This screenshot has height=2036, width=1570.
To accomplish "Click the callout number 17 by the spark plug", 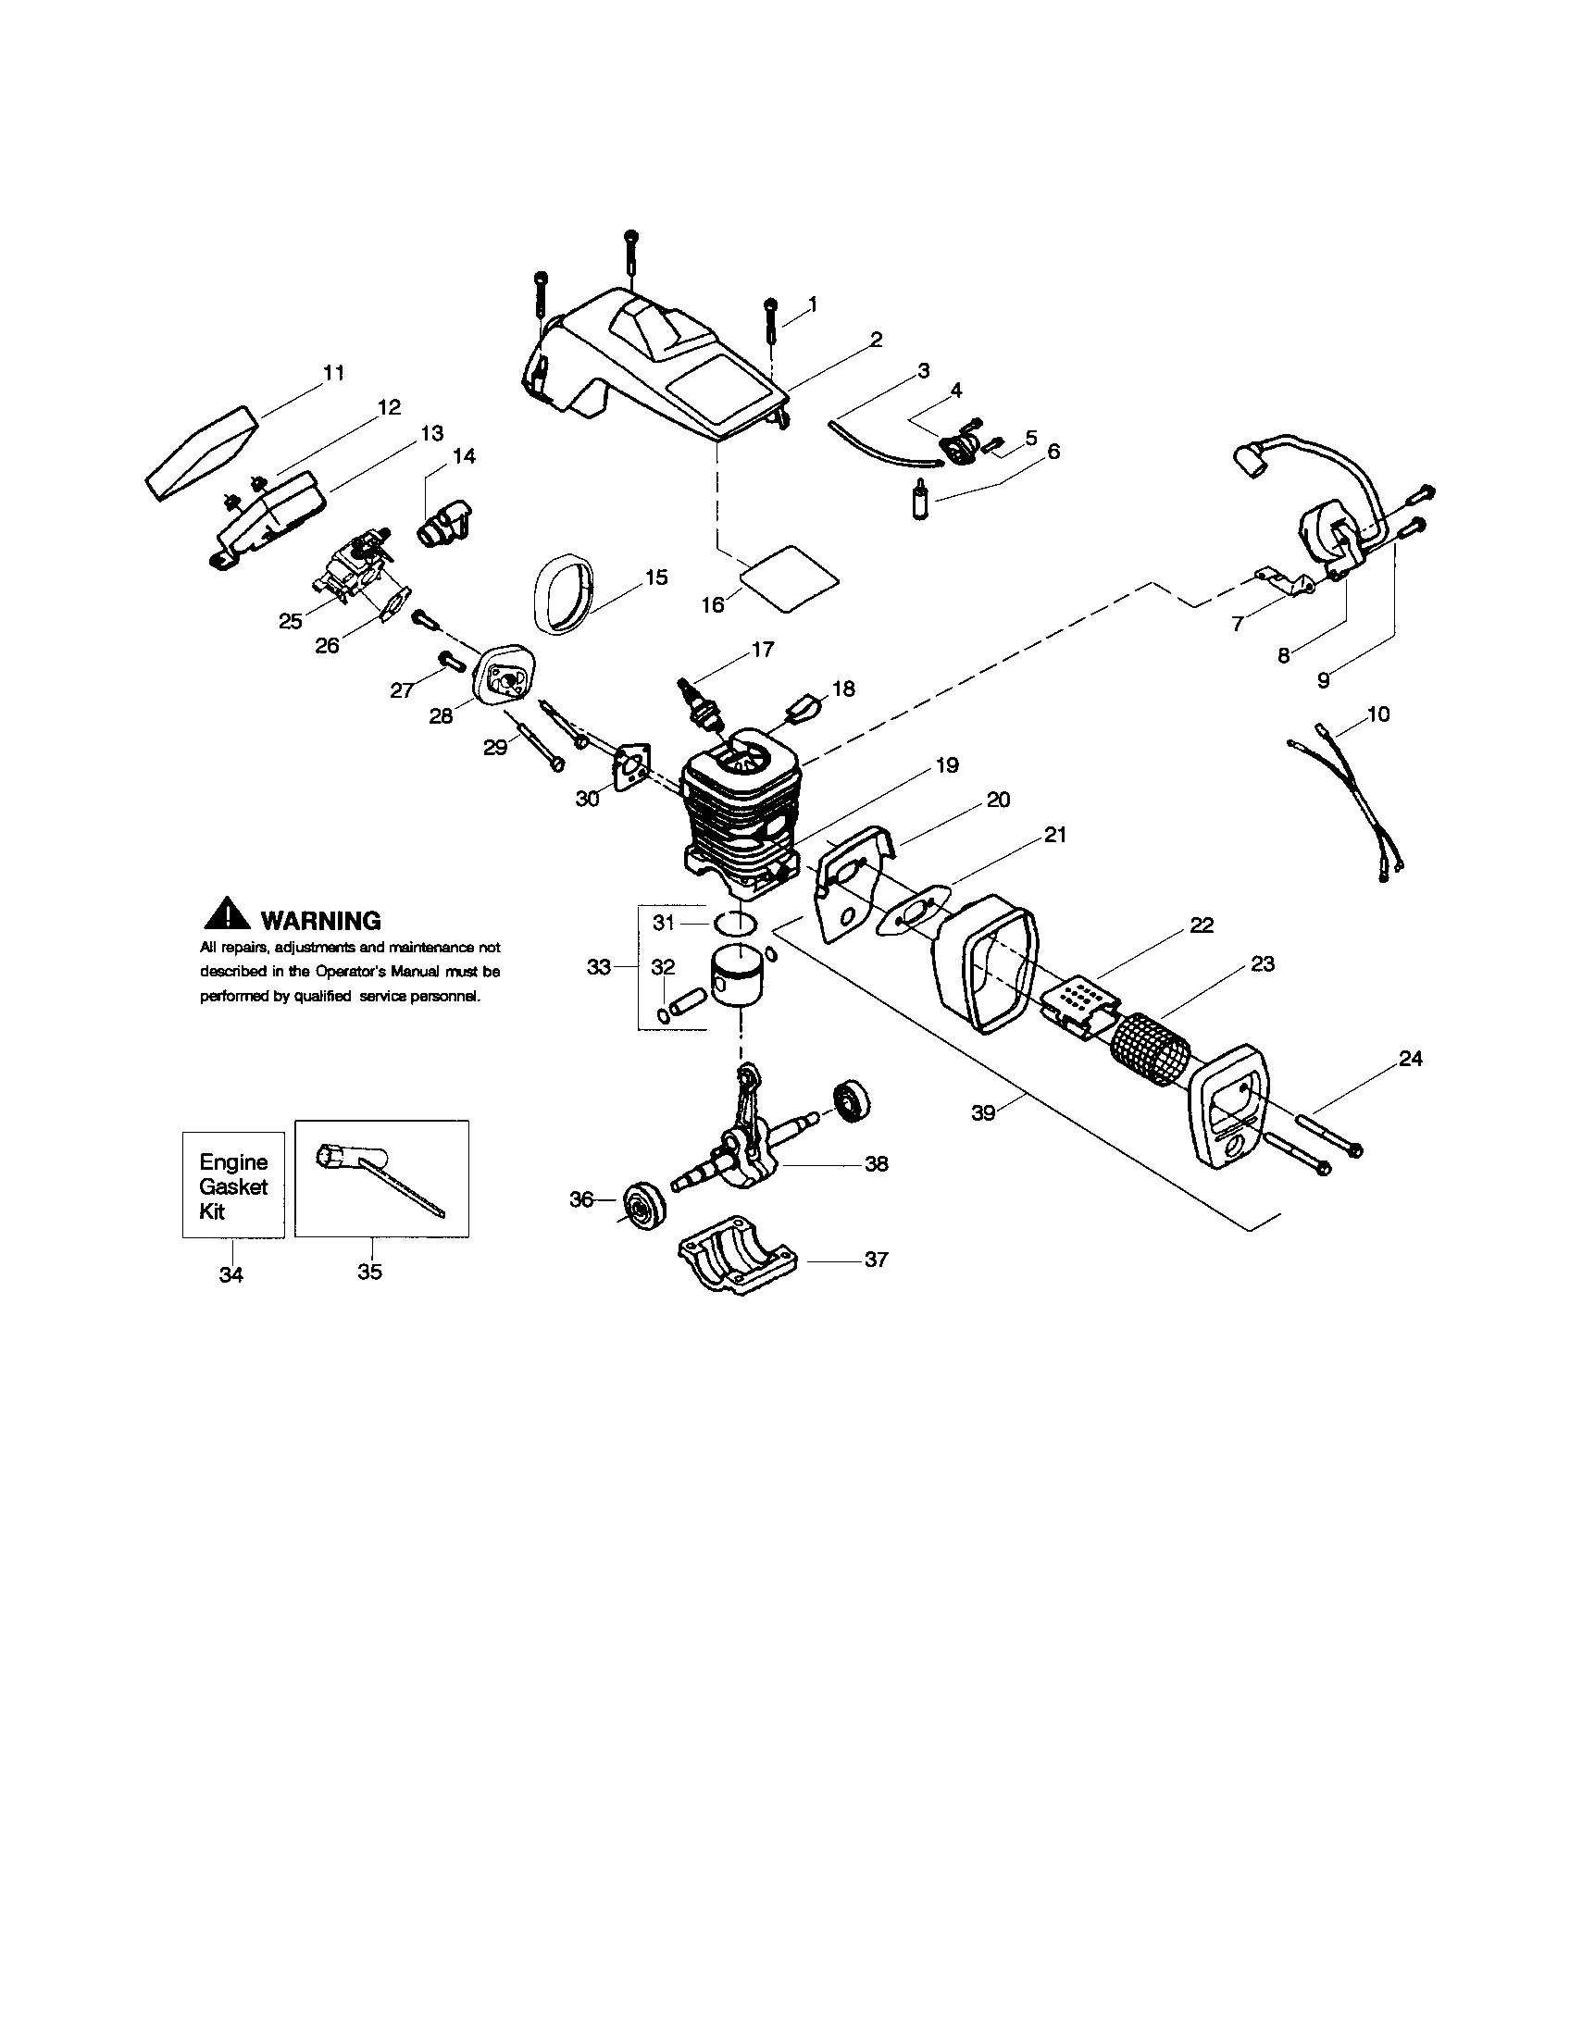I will click(763, 650).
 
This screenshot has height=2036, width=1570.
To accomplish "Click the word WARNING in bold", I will click(320, 921).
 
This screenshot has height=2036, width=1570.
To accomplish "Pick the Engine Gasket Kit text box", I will click(233, 1186).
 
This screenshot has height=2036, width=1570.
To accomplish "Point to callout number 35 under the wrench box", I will click(369, 1272).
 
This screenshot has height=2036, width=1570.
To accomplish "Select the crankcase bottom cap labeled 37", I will click(739, 1256).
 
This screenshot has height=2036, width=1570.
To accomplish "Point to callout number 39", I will click(985, 1112).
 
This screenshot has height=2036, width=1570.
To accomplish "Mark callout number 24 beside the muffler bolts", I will click(1411, 1058).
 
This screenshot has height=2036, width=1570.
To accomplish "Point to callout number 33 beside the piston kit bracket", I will click(599, 968).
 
